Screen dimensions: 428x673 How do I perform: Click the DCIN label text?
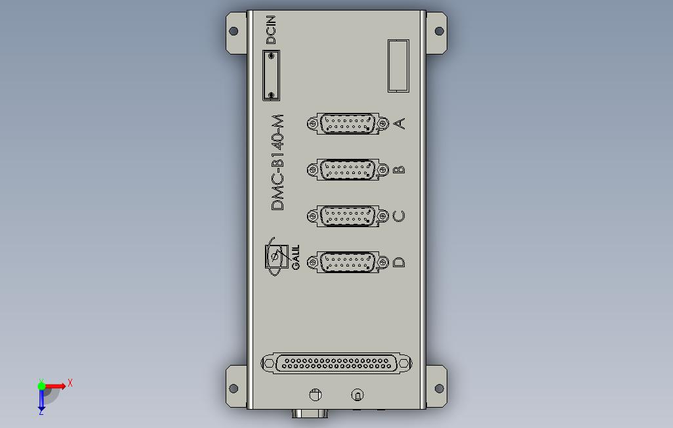(271, 30)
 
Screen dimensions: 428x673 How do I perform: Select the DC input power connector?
(271, 75)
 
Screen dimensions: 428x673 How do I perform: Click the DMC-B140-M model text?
(278, 162)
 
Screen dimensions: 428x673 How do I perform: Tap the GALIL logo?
(280, 257)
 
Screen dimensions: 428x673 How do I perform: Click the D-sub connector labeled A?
(347, 123)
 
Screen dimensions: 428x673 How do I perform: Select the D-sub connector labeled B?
(347, 169)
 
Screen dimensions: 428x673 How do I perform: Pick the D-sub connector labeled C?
(347, 216)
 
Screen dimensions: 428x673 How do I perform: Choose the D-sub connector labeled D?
(347, 262)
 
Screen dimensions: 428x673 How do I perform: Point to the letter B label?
(399, 169)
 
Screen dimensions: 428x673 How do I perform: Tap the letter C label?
(399, 216)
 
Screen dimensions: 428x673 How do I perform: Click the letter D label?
(399, 263)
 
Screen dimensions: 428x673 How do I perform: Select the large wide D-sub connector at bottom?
(336, 362)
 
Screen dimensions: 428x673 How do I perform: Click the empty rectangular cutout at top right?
(398, 65)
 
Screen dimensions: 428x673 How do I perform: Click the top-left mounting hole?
(233, 31)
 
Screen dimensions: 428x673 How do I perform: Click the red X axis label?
(70, 383)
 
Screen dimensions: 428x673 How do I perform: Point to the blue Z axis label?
(41, 412)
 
